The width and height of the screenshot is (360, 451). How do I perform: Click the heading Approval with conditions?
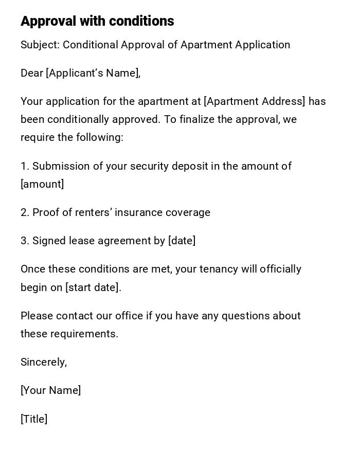pyautogui.click(x=97, y=21)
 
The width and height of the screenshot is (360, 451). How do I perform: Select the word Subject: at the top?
pyautogui.click(x=40, y=45)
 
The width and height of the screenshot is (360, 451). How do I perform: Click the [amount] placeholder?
pyautogui.click(x=42, y=184)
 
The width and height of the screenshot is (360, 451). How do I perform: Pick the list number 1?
pyautogui.click(x=24, y=166)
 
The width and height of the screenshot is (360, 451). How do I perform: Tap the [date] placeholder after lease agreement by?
pyautogui.click(x=182, y=241)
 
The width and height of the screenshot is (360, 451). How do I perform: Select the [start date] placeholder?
pyautogui.click(x=93, y=287)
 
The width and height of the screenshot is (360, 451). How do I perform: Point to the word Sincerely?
pyautogui.click(x=43, y=362)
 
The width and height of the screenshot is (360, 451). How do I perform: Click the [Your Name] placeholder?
pyautogui.click(x=50, y=390)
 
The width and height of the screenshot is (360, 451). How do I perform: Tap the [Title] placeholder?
pyautogui.click(x=34, y=419)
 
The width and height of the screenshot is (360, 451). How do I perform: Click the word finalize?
pyautogui.click(x=196, y=119)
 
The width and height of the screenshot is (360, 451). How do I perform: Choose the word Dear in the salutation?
pyautogui.click(x=32, y=73)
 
